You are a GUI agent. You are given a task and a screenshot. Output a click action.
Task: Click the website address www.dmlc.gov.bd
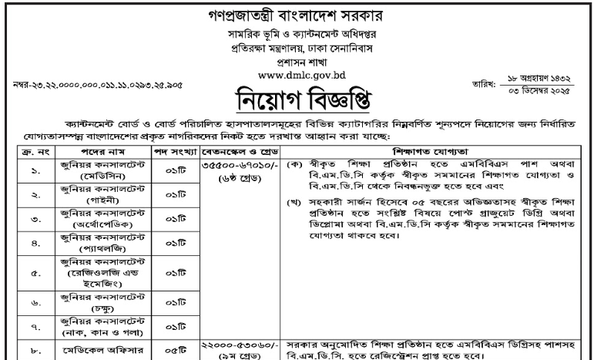pyautogui.click(x=297, y=77)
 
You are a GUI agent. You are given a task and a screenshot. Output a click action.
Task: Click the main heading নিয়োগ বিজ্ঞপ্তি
pyautogui.click(x=297, y=101)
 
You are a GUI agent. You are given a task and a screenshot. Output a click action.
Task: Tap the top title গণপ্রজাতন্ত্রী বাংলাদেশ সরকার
pyautogui.click(x=297, y=16)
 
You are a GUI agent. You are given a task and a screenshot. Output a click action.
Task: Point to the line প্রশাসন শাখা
pyautogui.click(x=297, y=63)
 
